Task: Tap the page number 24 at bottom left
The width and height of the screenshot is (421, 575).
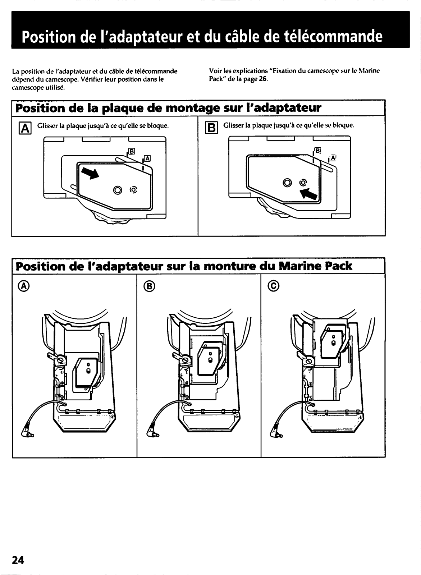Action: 18,560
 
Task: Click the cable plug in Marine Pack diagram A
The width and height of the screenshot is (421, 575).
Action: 28,433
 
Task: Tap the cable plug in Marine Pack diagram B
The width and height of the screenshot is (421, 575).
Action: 152,433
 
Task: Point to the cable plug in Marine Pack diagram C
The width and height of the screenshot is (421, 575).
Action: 278,433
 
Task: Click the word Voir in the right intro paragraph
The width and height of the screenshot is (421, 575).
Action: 215,70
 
